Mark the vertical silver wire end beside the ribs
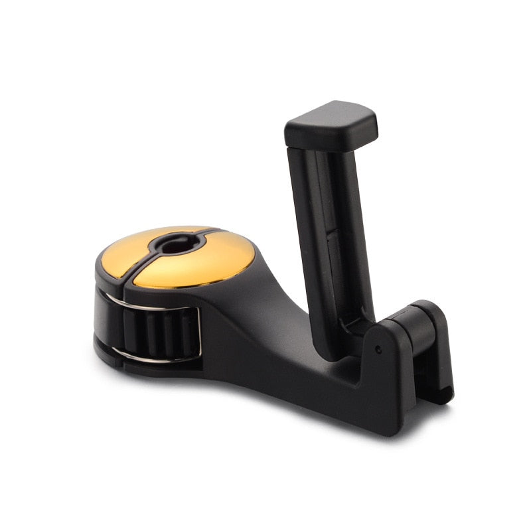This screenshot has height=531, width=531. pos(196,335)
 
